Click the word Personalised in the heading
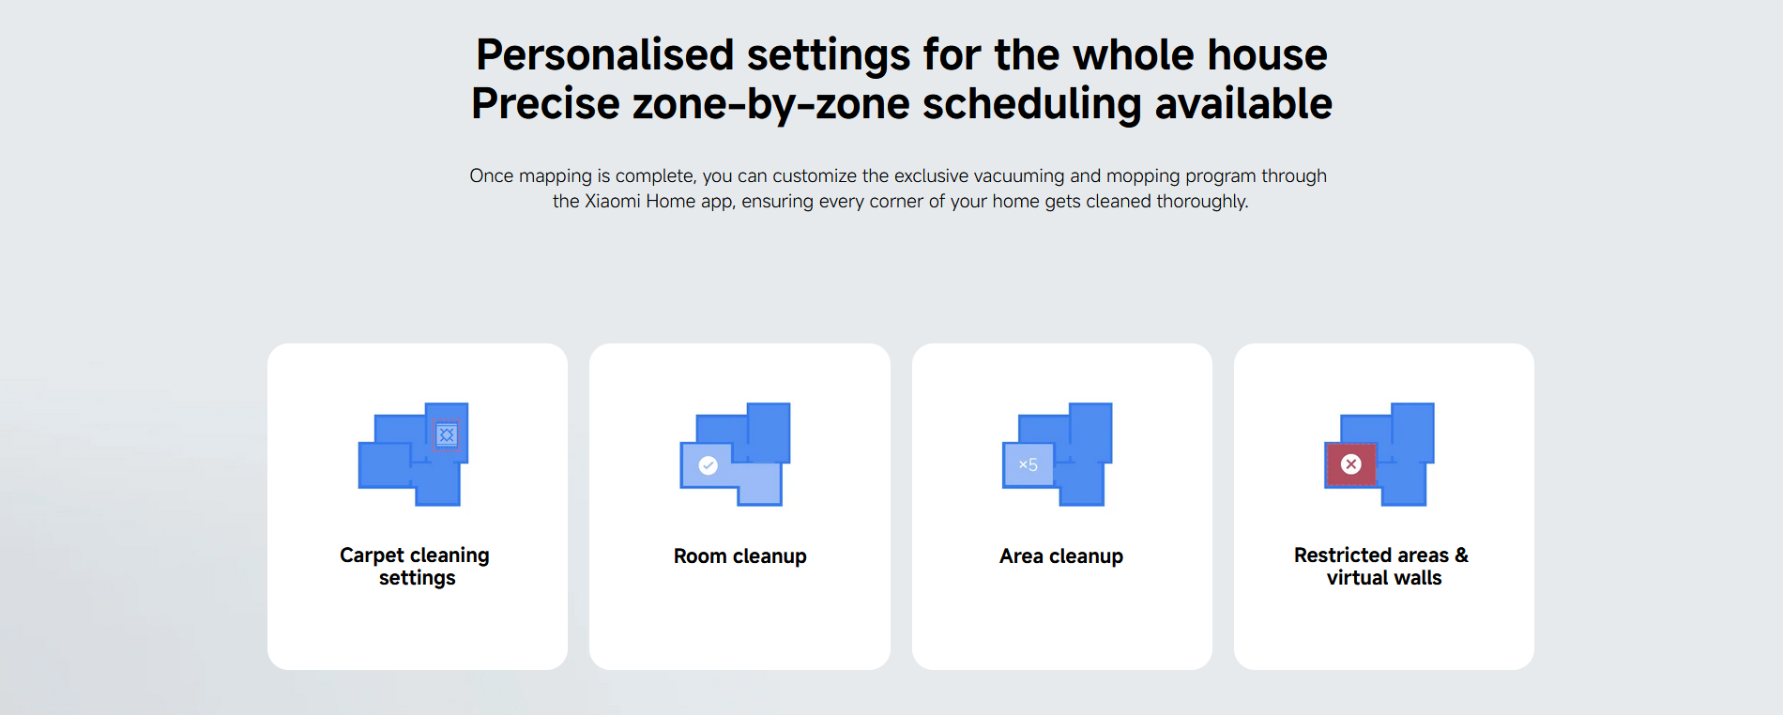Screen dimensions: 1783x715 coord(604,54)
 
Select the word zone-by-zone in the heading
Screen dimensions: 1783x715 coord(770,104)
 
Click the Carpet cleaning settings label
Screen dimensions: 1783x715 coord(416,567)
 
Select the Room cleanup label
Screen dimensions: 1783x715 coord(740,556)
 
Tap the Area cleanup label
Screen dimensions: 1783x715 coord(1061,556)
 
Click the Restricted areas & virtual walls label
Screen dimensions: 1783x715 coord(1382,567)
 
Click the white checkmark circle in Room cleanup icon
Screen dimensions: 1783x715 coord(709,465)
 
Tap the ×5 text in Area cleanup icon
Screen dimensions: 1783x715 coord(1029,464)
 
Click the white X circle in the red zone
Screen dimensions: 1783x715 coord(1351,464)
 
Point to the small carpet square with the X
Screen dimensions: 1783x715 coord(447,434)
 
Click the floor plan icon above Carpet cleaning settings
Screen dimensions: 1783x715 coord(414,454)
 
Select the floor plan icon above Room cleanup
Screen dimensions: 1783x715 coord(735,454)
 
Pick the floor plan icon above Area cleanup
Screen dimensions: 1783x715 coord(1058,454)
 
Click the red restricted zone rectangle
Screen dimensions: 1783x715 coord(1351,464)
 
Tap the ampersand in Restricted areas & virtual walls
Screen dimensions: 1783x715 coord(1461,555)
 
